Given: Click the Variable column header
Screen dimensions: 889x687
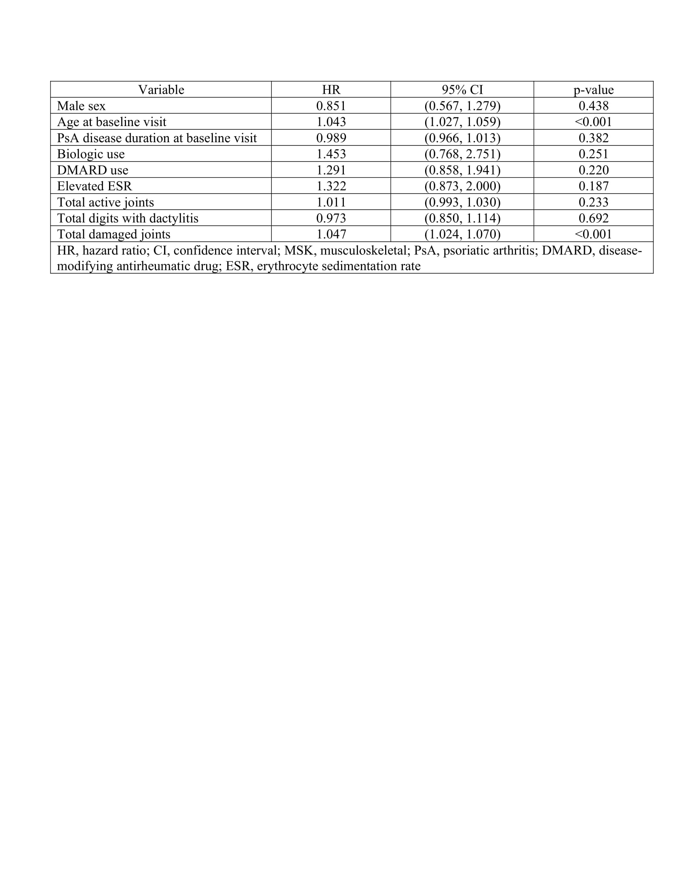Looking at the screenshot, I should [161, 90].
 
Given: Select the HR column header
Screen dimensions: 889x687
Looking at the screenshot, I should [331, 90].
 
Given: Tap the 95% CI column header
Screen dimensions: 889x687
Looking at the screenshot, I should [462, 90].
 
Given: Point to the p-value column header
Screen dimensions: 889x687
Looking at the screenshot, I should [593, 90].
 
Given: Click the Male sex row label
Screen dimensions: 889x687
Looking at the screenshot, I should [81, 106].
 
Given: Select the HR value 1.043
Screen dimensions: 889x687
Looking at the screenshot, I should [331, 122].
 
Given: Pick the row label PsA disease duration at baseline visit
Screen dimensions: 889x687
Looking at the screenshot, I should [157, 138].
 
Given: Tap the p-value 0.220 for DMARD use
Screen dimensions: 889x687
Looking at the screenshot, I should [593, 170].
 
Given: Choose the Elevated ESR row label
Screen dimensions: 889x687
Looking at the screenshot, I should [95, 186].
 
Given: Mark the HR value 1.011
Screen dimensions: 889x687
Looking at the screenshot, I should [331, 202].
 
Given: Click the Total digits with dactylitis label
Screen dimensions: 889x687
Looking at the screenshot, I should [127, 218].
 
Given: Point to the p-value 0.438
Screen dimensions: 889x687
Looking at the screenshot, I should [593, 106].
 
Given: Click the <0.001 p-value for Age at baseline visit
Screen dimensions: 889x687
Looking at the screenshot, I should [593, 122].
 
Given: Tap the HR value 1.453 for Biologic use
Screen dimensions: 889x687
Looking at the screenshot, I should [331, 154].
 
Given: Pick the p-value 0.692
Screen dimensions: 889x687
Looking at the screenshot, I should [593, 218].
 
